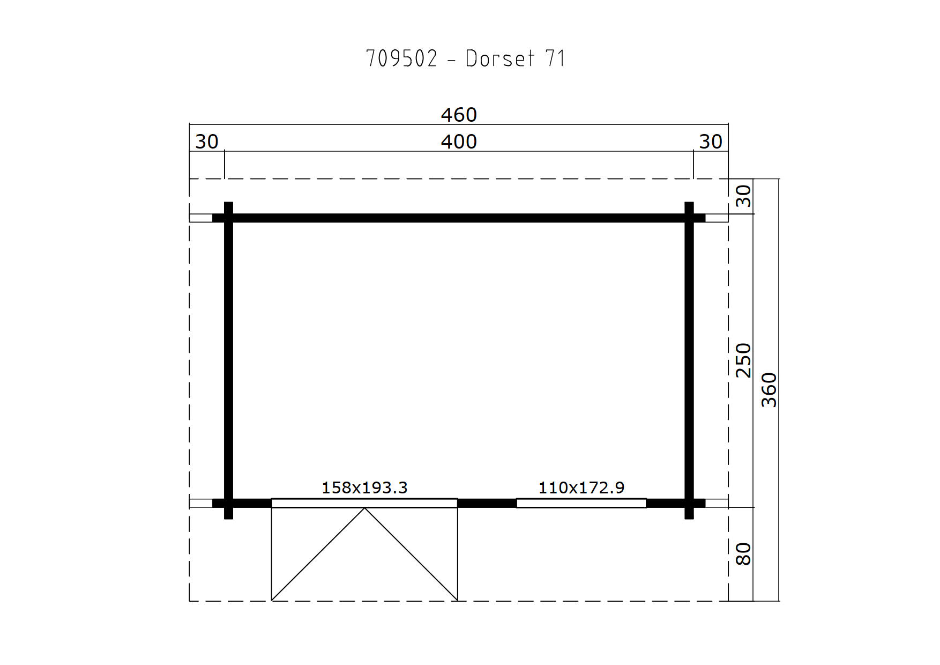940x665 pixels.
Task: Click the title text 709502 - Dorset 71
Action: [x=465, y=58]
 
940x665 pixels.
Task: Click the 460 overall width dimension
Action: [x=459, y=115]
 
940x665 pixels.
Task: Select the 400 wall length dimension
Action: [x=459, y=142]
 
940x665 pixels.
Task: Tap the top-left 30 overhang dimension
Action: [x=207, y=142]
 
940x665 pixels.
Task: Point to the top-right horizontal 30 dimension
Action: [x=711, y=142]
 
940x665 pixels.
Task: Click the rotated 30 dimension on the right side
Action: [x=743, y=196]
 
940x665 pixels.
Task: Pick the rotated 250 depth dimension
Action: [x=743, y=360]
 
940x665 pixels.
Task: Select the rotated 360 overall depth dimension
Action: [x=769, y=390]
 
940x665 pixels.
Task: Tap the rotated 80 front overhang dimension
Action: [x=743, y=554]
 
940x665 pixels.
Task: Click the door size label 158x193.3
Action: [x=364, y=487]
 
